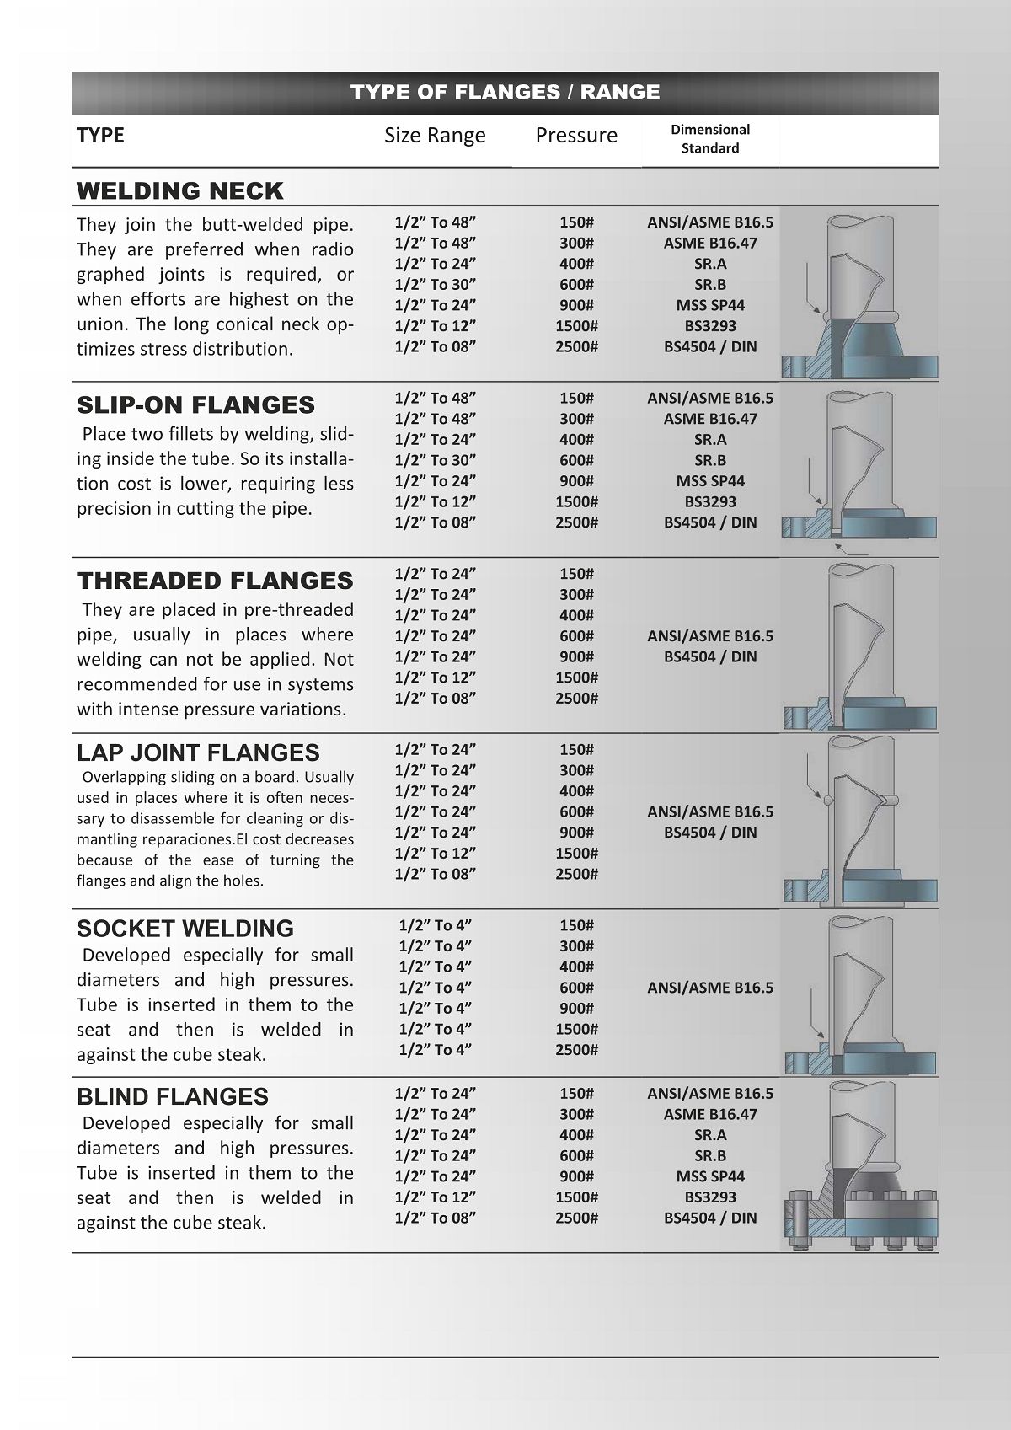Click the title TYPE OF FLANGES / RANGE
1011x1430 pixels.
pyautogui.click(x=505, y=92)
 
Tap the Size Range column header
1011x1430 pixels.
pyautogui.click(x=435, y=136)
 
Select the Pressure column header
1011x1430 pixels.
pyautogui.click(x=576, y=136)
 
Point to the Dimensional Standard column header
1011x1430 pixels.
pyautogui.click(x=710, y=139)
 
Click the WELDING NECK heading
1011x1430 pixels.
pyautogui.click(x=180, y=191)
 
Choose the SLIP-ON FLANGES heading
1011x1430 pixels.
pyautogui.click(x=195, y=405)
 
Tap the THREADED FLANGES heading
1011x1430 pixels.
pyautogui.click(x=215, y=581)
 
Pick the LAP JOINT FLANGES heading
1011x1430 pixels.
pyautogui.click(x=198, y=753)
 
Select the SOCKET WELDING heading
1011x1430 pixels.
pyautogui.click(x=185, y=929)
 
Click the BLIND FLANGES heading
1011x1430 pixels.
pyautogui.click(x=173, y=1097)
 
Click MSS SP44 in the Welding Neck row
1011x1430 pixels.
pyautogui.click(x=710, y=305)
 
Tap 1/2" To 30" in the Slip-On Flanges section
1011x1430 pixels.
pyautogui.click(x=436, y=460)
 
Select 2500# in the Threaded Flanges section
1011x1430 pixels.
pyautogui.click(x=576, y=698)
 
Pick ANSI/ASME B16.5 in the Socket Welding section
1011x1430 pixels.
pyautogui.click(x=710, y=988)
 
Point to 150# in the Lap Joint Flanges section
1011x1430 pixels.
pyautogui.click(x=576, y=749)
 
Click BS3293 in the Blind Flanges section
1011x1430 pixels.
pyautogui.click(x=710, y=1197)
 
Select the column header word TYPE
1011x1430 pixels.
pyautogui.click(x=100, y=136)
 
